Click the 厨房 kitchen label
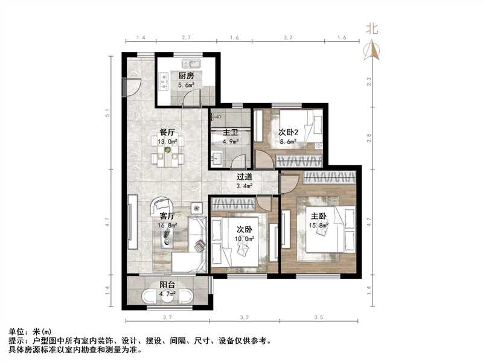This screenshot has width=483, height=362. pyautogui.click(x=186, y=76)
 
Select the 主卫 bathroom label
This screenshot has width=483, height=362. pyautogui.click(x=231, y=132)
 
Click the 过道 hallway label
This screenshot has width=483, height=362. pyautogui.click(x=244, y=177)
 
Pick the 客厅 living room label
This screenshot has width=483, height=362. pyautogui.click(x=167, y=216)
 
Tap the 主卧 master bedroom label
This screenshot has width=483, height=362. pyautogui.click(x=318, y=216)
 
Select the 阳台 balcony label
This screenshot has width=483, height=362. pyautogui.click(x=167, y=285)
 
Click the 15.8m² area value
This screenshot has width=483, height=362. pyautogui.click(x=318, y=226)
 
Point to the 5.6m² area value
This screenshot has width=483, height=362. pyautogui.click(x=186, y=86)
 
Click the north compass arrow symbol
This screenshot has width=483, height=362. pyautogui.click(x=374, y=51)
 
